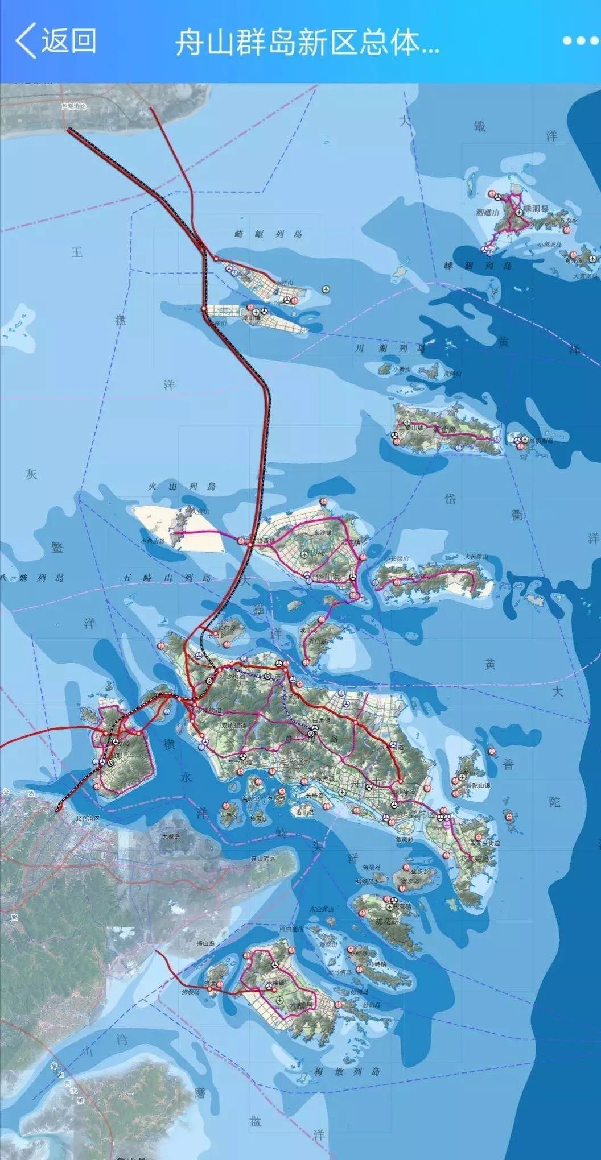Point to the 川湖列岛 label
click(x=390, y=348)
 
